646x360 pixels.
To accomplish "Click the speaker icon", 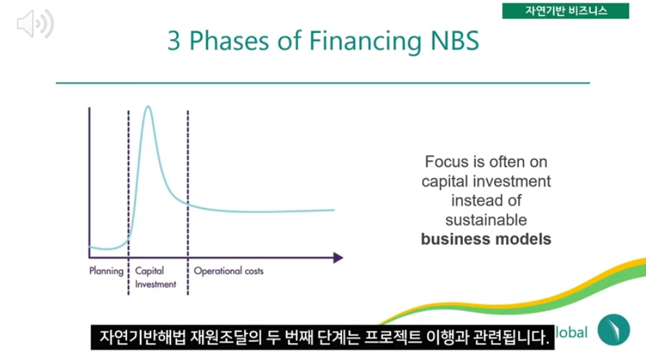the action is pos(35,24).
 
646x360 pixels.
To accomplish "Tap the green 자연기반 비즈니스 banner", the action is pos(565,11).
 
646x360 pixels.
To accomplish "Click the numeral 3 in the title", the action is pos(174,41).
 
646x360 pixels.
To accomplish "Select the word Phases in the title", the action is pos(229,41).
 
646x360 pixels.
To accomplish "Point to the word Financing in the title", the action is pos(365,42).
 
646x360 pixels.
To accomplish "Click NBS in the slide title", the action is pos(454,41).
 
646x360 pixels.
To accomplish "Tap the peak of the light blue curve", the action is pos(148,107).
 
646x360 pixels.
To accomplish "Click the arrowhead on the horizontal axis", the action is pos(338,258).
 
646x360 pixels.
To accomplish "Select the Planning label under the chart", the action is pos(106,271).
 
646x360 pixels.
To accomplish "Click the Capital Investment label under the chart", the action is pos(155,277).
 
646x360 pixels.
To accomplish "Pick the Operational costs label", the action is pos(229,271).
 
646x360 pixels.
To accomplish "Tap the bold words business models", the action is pos(486,239).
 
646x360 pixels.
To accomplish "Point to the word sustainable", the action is pos(486,219).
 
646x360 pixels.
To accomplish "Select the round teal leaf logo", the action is pos(614,330).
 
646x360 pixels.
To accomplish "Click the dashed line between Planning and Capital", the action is pos(129,203).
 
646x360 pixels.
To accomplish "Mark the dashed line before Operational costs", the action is pos(188,203).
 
